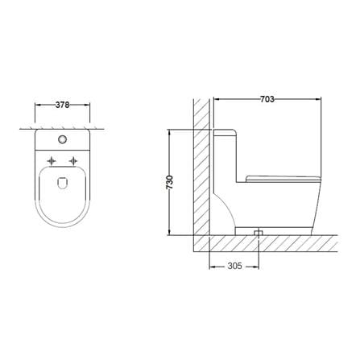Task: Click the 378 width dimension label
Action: pos(62,105)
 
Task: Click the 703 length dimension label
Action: pos(267,99)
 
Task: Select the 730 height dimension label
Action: pos(170,182)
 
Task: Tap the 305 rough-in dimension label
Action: pos(234,266)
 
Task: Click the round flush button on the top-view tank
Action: pos(62,139)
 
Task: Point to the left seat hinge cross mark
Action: pos(52,161)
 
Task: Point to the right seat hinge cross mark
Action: pos(73,161)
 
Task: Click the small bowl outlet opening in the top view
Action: pos(62,183)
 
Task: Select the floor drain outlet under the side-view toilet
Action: pos(259,233)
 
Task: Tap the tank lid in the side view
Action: pos(225,132)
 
